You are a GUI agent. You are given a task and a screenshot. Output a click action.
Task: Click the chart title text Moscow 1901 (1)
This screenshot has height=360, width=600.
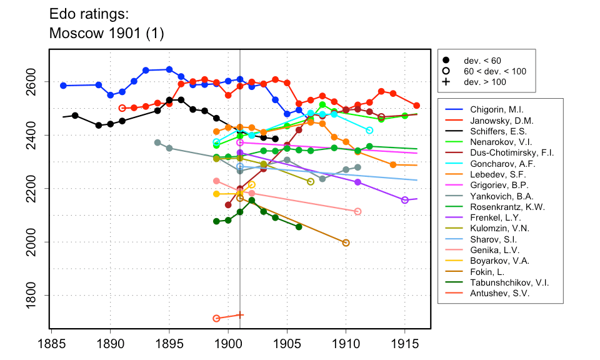(106, 34)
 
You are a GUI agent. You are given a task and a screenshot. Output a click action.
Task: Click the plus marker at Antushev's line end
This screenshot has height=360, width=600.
(240, 315)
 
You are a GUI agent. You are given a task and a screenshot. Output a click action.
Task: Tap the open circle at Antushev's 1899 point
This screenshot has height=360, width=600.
(216, 318)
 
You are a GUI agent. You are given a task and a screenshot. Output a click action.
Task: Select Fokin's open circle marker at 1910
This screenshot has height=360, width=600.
(346, 243)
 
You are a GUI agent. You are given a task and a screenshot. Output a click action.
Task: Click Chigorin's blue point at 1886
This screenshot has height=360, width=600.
(63, 86)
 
